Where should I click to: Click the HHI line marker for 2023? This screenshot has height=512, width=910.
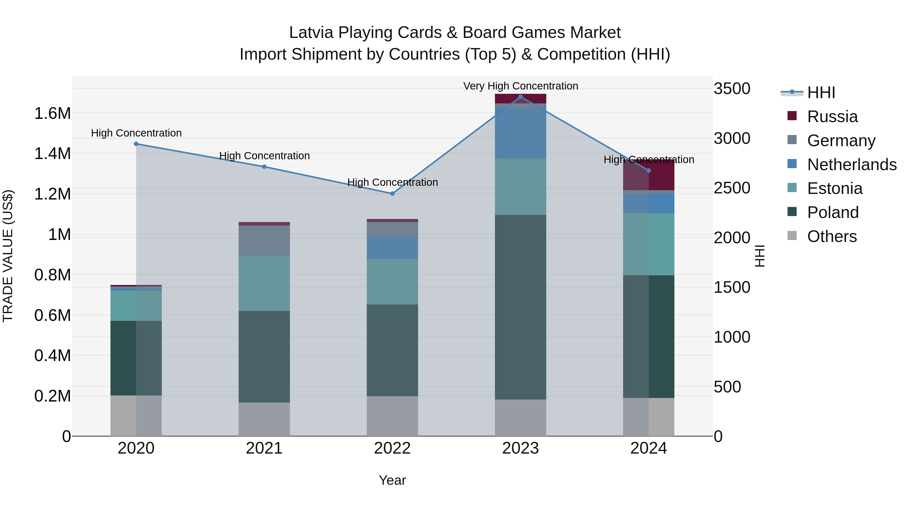click(x=520, y=97)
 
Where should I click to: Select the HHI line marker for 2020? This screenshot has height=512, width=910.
click(x=136, y=144)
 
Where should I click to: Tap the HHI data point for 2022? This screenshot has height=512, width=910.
click(x=392, y=194)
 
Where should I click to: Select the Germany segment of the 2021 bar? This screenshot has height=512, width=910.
click(x=264, y=240)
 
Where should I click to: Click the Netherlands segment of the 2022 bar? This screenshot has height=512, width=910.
click(x=392, y=248)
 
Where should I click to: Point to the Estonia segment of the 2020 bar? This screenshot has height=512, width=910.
click(x=136, y=306)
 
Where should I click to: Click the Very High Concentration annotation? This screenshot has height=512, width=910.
click(x=520, y=86)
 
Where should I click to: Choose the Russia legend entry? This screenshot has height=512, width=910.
click(x=832, y=117)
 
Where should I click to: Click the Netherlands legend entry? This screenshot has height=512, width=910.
click(x=851, y=165)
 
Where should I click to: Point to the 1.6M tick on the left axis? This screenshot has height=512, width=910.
click(x=52, y=114)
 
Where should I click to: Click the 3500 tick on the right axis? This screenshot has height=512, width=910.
click(x=732, y=89)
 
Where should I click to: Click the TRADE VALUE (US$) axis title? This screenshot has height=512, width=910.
click(x=8, y=256)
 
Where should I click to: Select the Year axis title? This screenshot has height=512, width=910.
click(x=392, y=480)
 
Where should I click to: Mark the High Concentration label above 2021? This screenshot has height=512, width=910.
click(x=264, y=156)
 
